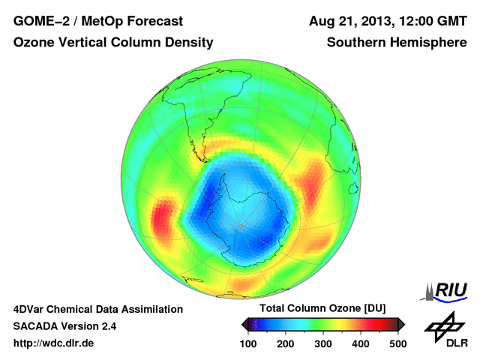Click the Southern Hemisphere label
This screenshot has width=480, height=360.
coord(397,43)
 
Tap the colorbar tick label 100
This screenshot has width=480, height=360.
coord(249,343)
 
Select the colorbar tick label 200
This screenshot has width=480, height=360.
coord(286,343)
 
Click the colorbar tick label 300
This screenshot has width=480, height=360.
coord(323,343)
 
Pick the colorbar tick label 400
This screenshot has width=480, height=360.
coord(360,343)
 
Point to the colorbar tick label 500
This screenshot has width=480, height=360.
coord(397,343)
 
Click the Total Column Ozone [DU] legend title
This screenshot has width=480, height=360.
coord(322,309)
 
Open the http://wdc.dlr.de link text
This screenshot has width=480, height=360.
coord(54,343)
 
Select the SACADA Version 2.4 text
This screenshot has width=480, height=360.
coord(64,326)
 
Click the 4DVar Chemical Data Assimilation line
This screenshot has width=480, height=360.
coord(98,309)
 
